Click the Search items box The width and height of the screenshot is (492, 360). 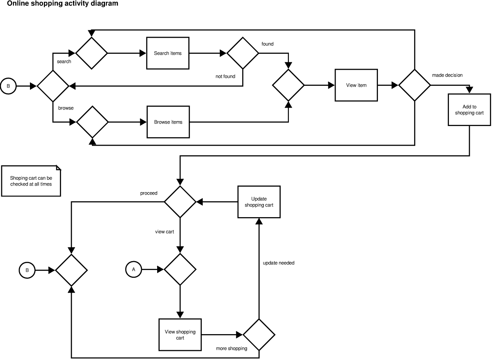pos(168,53)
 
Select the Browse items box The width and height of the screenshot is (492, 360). pos(168,122)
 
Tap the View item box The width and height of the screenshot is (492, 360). pos(356,85)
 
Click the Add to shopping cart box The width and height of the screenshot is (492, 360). pos(469,110)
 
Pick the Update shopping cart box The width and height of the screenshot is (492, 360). pos(259,202)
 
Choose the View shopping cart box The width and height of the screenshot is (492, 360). pos(180,335)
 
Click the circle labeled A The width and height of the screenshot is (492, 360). pos(133,270)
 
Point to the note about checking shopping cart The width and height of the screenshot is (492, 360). pos(31,181)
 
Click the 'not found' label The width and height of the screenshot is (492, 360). pos(225,76)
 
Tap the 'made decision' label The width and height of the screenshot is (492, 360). pos(447,75)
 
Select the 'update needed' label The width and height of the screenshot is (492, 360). pos(279,263)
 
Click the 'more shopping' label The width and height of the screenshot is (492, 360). pos(231,349)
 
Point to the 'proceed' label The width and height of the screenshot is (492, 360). pos(149,193)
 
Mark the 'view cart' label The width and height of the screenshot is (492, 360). pos(164,232)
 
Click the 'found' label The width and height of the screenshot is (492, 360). pos(268,44)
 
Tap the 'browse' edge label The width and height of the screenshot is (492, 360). pos(66,108)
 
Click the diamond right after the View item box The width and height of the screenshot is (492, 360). pos(415,85)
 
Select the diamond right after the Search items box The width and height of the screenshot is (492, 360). pos(243,53)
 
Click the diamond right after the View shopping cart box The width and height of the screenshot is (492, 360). pos(259,335)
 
